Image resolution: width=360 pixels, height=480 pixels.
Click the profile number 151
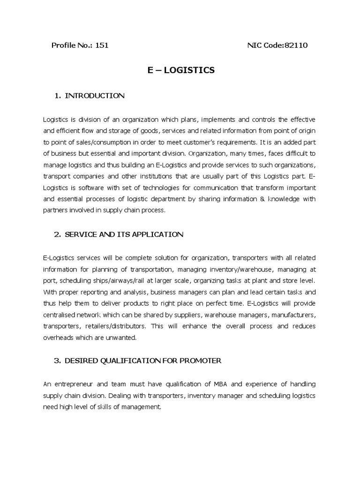point(102,45)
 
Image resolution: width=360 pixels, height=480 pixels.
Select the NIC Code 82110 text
point(277,45)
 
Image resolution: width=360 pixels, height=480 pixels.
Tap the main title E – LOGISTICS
point(181,70)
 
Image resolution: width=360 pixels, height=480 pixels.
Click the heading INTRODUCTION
point(95,96)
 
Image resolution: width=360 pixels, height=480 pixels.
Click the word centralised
point(63,315)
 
